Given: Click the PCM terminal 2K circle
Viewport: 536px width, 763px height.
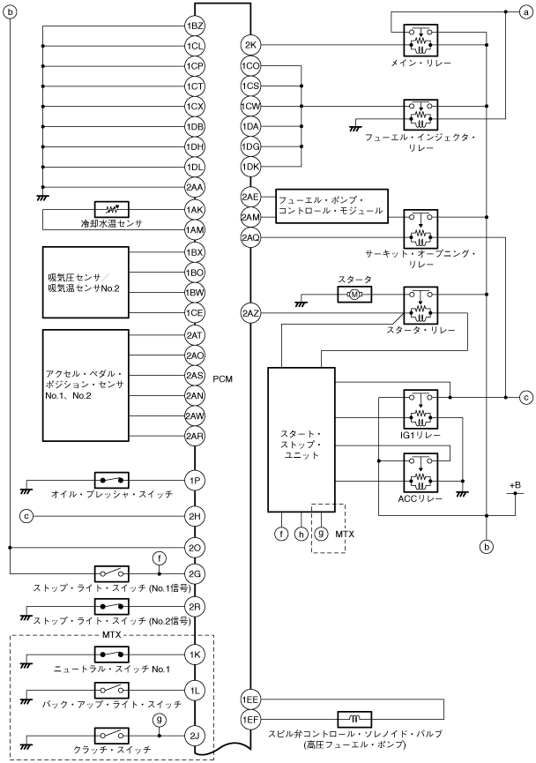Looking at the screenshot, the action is point(250,46).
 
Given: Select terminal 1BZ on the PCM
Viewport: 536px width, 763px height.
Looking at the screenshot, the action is point(195,26).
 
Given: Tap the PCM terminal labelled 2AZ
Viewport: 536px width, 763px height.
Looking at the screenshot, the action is point(250,313).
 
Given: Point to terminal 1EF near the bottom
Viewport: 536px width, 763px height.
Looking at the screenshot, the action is point(250,719).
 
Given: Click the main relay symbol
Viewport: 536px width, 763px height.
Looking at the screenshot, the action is point(421,41).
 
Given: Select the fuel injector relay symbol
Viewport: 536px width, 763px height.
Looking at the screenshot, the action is point(421,115).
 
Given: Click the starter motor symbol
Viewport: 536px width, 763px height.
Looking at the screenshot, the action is point(354,295).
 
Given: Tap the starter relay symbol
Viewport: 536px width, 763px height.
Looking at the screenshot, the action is point(421,305).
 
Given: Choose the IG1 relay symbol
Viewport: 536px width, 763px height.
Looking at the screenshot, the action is point(421,409).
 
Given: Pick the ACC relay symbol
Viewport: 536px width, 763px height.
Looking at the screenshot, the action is point(421,473).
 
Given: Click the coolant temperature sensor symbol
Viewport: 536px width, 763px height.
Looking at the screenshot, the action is point(111,210).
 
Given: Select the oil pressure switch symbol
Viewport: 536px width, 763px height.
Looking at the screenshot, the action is point(111,480).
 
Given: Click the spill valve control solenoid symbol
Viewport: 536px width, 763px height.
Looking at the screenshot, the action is point(354,719).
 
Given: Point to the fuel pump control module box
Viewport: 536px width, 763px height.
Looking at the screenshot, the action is point(332,206).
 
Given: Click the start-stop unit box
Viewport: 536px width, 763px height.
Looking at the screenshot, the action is point(301,439).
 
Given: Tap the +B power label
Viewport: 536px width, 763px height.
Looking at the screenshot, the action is point(515,485).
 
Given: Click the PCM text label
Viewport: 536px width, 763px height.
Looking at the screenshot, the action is point(223,379).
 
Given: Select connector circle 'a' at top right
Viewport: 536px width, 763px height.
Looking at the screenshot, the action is point(525,12).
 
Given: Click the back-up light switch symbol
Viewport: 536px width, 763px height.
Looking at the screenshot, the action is point(111,691).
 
